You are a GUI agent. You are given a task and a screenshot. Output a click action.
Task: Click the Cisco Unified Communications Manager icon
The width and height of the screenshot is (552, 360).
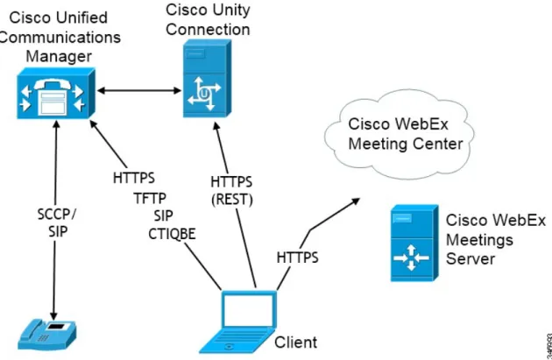point(56,93)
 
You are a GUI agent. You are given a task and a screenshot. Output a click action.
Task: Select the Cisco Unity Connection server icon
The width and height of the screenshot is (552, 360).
point(207,78)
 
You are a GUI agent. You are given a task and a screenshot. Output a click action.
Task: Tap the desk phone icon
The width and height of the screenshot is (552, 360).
point(46,335)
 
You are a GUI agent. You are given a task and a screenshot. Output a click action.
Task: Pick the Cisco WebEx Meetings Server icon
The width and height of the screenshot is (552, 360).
point(414,244)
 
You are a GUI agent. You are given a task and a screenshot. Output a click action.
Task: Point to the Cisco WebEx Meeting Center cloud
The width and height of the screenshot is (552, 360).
point(400,134)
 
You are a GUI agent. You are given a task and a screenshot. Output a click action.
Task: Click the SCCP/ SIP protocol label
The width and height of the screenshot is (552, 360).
point(57,222)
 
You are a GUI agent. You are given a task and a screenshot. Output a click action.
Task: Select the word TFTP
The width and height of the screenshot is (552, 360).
point(150,199)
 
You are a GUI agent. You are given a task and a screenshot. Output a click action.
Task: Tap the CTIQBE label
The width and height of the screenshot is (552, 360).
point(172,234)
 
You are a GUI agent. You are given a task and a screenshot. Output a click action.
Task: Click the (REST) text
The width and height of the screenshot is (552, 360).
point(232,200)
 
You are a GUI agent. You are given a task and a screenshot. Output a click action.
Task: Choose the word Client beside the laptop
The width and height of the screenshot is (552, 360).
point(296,342)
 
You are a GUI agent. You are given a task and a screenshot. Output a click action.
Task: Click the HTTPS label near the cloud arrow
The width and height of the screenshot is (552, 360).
point(298,258)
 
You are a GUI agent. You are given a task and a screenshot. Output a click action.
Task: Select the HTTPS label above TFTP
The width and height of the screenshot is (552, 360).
point(134,178)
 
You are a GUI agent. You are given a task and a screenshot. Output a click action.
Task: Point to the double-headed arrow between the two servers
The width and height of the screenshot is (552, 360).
point(139,91)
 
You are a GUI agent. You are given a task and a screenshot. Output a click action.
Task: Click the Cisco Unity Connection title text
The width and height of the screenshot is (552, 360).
point(208,19)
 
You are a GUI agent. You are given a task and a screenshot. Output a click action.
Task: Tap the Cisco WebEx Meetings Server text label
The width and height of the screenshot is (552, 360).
point(496,240)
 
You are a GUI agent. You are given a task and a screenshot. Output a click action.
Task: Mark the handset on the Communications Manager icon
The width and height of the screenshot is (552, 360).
point(53,85)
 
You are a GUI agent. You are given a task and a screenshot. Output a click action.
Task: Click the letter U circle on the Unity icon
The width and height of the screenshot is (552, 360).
point(204,93)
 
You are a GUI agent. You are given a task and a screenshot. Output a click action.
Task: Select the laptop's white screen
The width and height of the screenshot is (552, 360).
point(249,310)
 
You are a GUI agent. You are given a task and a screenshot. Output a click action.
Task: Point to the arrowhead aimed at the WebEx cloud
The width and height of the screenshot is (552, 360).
point(357,201)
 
